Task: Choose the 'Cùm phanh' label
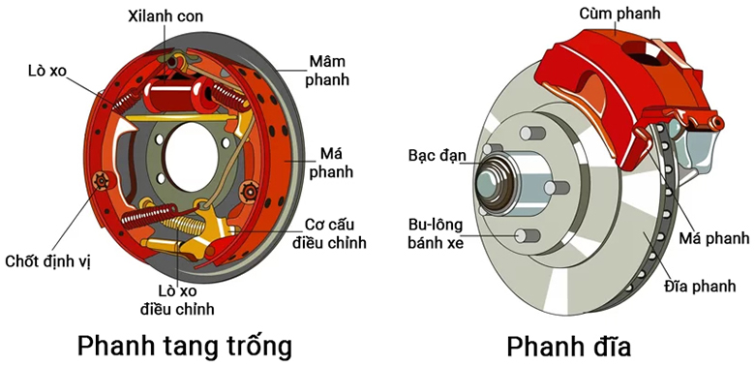point(620,14)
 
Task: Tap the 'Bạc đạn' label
point(437,155)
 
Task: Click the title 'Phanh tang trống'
point(184,345)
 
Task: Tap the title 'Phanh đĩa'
point(569,345)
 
